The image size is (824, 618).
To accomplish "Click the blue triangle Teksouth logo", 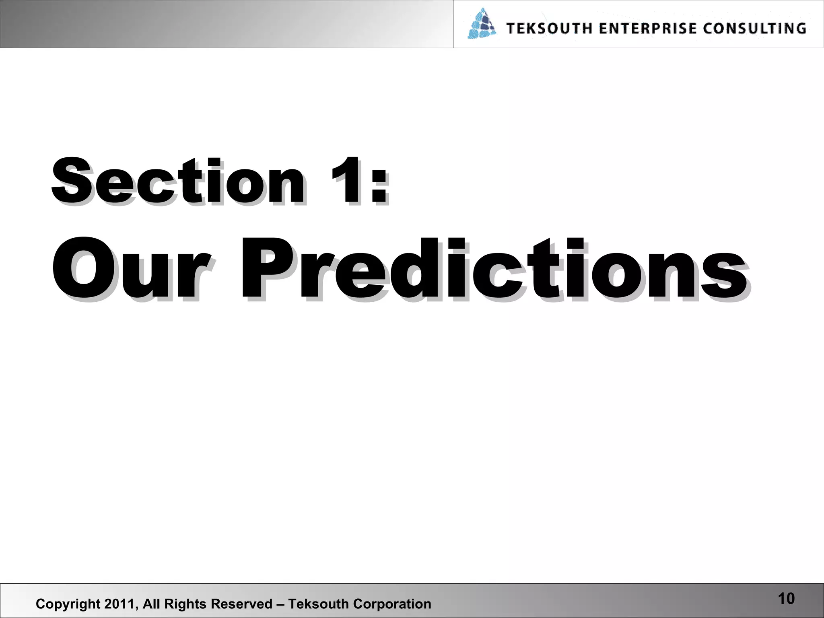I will click(x=482, y=24).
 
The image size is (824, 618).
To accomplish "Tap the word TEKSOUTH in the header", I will click(x=549, y=29).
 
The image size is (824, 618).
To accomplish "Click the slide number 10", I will click(x=786, y=599).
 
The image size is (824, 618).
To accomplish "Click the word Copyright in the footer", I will click(x=68, y=604).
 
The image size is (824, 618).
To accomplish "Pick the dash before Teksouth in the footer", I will click(x=280, y=604).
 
